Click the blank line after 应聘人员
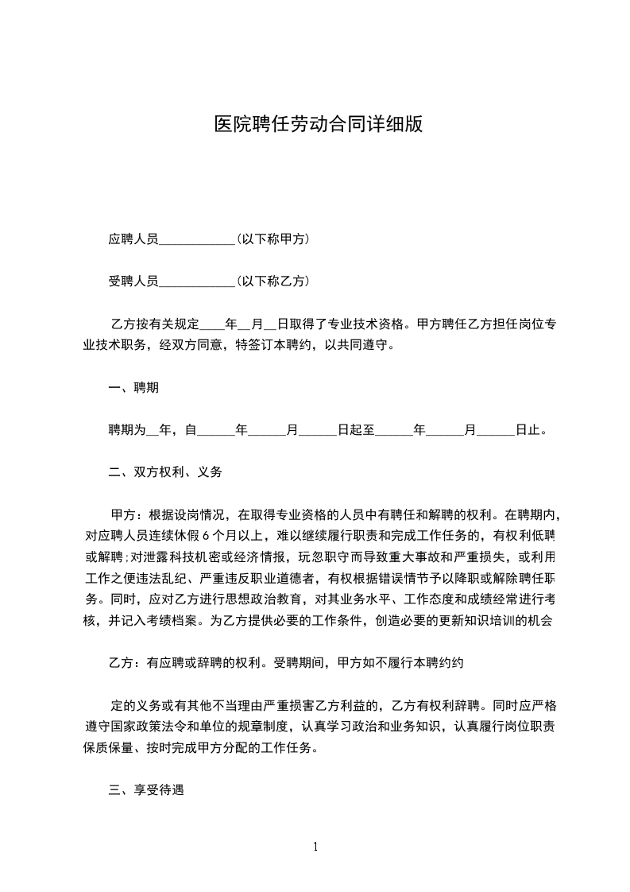tap(197, 239)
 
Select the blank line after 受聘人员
tap(197, 281)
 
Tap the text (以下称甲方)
tap(272, 239)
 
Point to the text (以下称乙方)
tap(272, 281)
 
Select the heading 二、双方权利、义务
tap(165, 472)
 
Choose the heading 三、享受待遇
tap(146, 790)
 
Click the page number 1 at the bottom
tap(315, 847)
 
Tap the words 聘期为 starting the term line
tap(127, 430)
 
